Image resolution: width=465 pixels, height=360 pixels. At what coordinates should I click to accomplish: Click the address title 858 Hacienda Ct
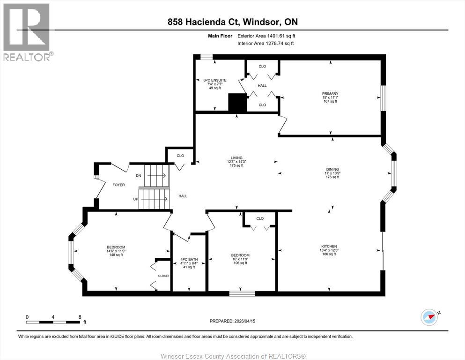click(233, 22)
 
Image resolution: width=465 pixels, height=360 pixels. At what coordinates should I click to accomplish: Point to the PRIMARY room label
click(330, 94)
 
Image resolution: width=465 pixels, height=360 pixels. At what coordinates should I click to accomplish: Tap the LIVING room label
click(236, 158)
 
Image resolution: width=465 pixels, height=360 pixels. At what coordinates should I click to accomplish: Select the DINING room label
click(332, 170)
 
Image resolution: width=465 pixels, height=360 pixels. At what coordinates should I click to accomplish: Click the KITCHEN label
click(329, 247)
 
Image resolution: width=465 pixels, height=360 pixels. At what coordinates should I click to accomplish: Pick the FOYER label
click(118, 185)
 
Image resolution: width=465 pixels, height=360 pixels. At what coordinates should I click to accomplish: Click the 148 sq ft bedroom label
click(116, 251)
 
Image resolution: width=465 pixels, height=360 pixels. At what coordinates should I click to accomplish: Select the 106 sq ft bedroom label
click(240, 259)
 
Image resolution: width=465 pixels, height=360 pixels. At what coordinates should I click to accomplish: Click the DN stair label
click(138, 176)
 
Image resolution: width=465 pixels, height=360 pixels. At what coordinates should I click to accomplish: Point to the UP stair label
click(136, 199)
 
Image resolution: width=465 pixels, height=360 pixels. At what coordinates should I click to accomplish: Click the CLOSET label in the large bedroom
click(164, 276)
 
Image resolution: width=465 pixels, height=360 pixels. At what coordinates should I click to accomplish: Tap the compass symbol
click(429, 317)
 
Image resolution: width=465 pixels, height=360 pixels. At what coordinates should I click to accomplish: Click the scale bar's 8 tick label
click(80, 317)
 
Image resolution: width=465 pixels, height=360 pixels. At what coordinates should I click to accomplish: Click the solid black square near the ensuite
click(237, 103)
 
